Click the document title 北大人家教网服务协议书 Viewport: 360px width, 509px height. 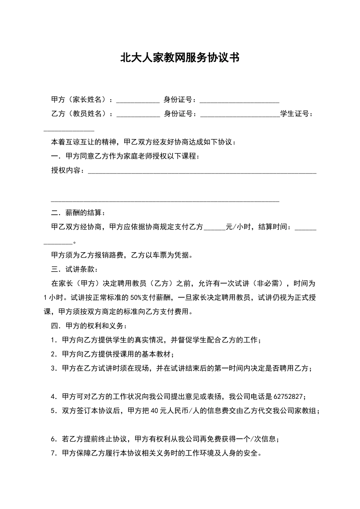[180, 58]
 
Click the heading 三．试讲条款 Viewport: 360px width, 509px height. [74, 269]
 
